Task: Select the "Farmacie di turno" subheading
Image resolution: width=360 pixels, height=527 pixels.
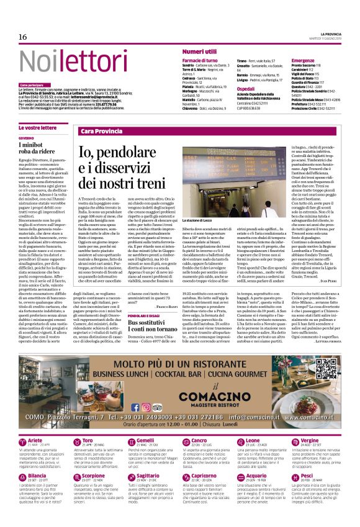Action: coord(200,60)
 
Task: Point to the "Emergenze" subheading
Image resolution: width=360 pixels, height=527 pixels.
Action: coord(303,60)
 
